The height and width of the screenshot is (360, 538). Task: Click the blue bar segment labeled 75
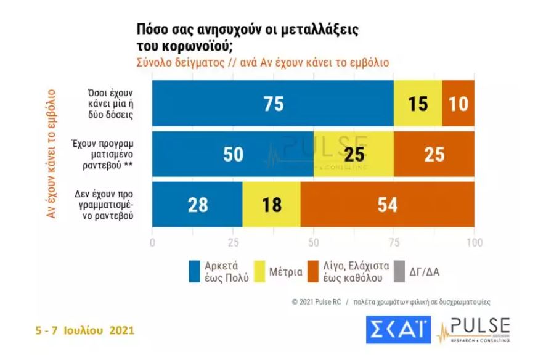272,104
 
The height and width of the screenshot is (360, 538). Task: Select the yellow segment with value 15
418,104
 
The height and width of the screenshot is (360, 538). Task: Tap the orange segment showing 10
459,104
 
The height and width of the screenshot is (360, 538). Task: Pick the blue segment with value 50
233,154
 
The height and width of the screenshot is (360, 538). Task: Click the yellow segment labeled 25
354,154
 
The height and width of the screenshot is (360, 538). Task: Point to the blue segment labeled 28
197,205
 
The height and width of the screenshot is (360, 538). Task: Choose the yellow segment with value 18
271,205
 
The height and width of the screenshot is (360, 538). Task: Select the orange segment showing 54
387,205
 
